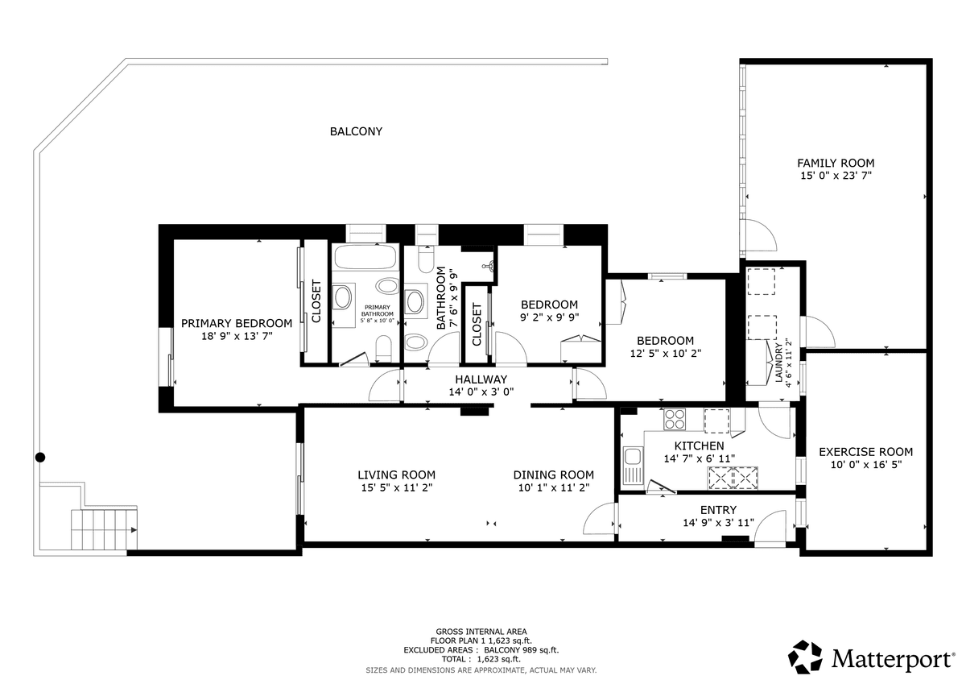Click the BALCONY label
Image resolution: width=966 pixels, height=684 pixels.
[356, 131]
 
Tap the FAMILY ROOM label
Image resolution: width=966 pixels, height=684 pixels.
[836, 163]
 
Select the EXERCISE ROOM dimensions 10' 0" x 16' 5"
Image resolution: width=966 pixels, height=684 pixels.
[866, 464]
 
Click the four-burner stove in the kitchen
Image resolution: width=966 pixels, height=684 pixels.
[675, 419]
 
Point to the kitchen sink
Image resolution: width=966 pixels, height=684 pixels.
[633, 465]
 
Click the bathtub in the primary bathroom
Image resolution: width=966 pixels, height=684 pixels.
[365, 257]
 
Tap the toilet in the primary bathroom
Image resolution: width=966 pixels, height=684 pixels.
[383, 349]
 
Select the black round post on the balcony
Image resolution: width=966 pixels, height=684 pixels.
[40, 457]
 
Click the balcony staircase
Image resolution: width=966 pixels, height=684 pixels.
[104, 529]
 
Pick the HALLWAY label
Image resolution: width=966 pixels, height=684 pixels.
[481, 379]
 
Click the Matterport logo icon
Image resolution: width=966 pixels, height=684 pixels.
[805, 657]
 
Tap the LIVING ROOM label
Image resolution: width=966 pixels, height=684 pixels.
[396, 475]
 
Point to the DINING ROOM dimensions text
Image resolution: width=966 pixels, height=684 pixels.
[554, 487]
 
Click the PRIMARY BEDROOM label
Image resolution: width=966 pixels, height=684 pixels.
[237, 323]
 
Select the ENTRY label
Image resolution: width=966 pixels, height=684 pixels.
[718, 510]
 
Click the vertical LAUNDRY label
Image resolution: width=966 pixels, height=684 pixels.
[778, 363]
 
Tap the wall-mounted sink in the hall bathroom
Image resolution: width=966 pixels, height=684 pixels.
[489, 266]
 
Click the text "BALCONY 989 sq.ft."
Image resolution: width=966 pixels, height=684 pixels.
[521, 650]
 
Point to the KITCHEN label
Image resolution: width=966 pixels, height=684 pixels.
[699, 446]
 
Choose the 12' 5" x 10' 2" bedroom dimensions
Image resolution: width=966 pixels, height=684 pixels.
[666, 354]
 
